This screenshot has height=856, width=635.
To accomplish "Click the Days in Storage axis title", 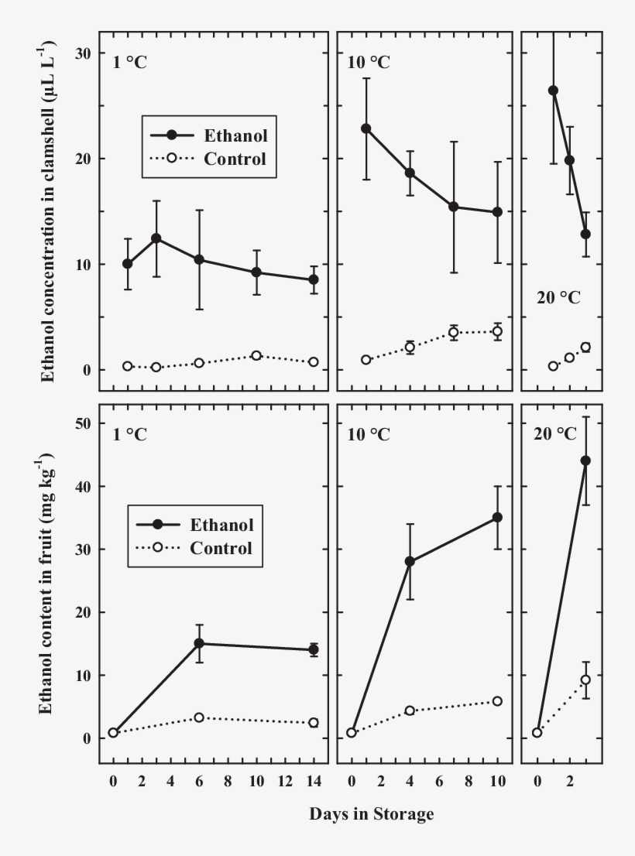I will [x=372, y=814].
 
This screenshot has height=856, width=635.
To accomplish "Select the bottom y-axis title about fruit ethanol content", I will [x=48, y=586].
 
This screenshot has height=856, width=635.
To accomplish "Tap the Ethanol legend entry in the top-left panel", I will [x=235, y=135].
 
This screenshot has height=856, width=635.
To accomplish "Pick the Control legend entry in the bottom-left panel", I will [x=221, y=548].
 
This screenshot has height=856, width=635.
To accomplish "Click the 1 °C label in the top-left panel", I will [x=129, y=63].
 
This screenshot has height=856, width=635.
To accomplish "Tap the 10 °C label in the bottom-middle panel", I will [x=369, y=434].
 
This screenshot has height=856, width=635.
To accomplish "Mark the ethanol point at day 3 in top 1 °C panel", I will [x=156, y=238].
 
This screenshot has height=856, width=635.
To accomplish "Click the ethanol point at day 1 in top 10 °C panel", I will [x=366, y=128].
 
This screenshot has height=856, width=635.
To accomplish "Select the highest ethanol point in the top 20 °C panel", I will [x=553, y=91].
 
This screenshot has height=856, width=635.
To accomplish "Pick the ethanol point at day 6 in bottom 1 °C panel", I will [x=199, y=643].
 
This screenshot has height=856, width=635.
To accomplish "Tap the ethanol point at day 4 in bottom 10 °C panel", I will [x=410, y=561].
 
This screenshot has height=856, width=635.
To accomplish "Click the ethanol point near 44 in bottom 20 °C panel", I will [x=585, y=461].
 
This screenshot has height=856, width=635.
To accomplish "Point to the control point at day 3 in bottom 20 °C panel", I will [x=585, y=680].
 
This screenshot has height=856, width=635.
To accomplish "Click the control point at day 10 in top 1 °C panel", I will [x=256, y=355].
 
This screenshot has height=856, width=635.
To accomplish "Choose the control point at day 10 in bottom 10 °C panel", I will [x=497, y=701].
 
